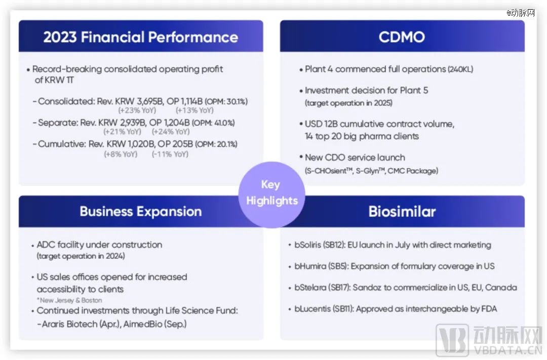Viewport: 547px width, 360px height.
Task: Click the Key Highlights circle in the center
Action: [x=271, y=194]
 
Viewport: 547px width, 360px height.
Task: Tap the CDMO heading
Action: [x=402, y=37]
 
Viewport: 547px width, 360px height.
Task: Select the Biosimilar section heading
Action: [x=402, y=212]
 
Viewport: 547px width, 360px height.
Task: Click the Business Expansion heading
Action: [x=141, y=212]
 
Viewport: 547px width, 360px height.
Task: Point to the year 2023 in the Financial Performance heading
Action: [x=60, y=37]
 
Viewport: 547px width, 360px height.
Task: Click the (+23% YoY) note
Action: [x=137, y=110]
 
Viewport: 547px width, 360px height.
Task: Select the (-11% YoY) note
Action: [x=170, y=154]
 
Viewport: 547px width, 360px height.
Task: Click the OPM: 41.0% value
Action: [x=214, y=123]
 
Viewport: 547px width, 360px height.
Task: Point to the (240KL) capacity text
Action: [x=460, y=69]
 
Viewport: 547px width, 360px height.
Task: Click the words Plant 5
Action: [x=414, y=90]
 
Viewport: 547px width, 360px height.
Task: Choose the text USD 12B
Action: [x=321, y=124]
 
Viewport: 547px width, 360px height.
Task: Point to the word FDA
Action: [x=489, y=309]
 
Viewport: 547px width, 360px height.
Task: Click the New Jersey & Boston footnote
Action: [x=69, y=300]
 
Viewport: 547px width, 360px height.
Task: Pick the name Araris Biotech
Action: [x=70, y=324]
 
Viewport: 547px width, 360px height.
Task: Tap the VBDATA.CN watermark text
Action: [x=507, y=350]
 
